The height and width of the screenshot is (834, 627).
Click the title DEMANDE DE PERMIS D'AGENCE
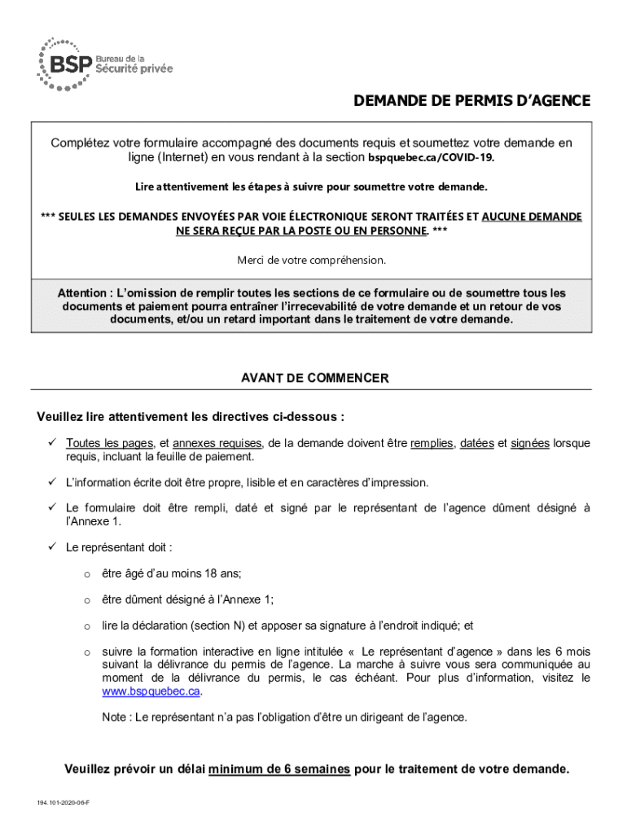click(471, 102)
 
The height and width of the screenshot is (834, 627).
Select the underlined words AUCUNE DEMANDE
click(532, 217)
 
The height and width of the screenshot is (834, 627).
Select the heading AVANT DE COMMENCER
click(314, 379)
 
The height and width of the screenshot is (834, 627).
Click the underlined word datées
click(476, 443)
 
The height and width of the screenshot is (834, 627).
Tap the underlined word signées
click(530, 443)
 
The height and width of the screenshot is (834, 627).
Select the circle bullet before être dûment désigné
click(85, 600)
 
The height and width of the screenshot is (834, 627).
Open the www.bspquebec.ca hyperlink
click(151, 691)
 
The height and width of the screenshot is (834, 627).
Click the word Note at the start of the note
click(115, 718)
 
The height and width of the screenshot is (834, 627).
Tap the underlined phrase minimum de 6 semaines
click(279, 769)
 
